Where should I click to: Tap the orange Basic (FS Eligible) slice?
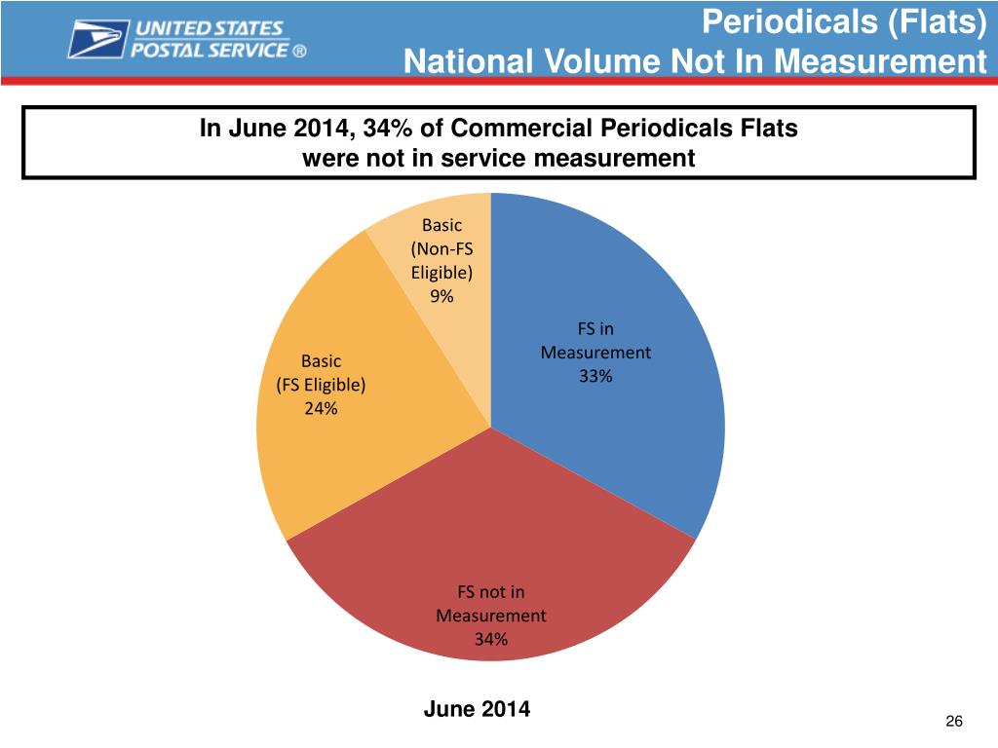pyautogui.click(x=322, y=448)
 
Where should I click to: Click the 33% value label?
pyautogui.click(x=595, y=378)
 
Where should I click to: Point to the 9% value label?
pyautogui.click(x=441, y=298)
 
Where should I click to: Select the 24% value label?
pyautogui.click(x=321, y=409)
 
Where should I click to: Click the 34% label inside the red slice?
pyautogui.click(x=490, y=640)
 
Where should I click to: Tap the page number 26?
pyautogui.click(x=954, y=721)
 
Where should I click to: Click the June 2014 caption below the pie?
pyautogui.click(x=478, y=709)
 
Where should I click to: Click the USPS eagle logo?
pyautogui.click(x=97, y=40)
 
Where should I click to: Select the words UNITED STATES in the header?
pyautogui.click(x=211, y=29)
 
